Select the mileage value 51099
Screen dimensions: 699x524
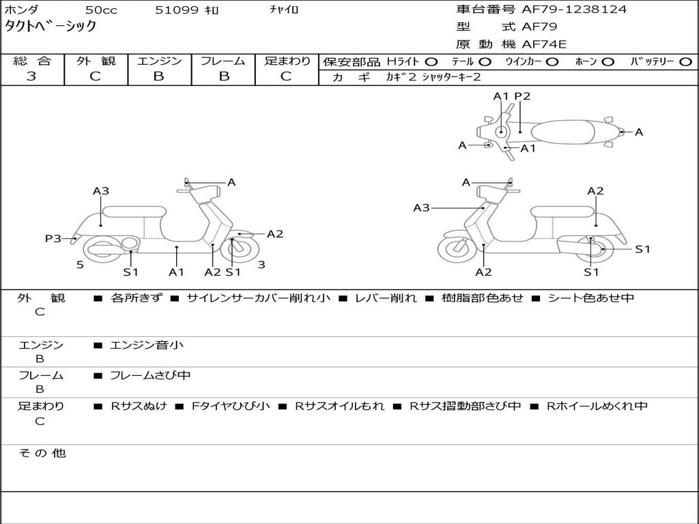[x=177, y=10]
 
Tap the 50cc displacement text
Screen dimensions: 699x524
[x=100, y=10]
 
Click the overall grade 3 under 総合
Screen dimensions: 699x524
[x=31, y=76]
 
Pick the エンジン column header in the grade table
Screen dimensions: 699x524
[x=159, y=61]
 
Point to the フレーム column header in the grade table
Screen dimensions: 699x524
[x=223, y=61]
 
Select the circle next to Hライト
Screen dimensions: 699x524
[x=432, y=62]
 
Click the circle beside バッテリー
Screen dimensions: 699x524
[x=686, y=62]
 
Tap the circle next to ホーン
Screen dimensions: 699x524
[x=608, y=62]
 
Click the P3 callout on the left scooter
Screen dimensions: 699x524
[x=53, y=238]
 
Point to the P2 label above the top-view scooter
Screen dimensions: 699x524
[x=522, y=96]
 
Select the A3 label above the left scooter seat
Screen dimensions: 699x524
[x=101, y=191]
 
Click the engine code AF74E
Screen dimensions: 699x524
[x=544, y=44]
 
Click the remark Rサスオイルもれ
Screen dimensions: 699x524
[x=339, y=406]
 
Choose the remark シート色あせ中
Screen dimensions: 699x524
[x=591, y=298]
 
